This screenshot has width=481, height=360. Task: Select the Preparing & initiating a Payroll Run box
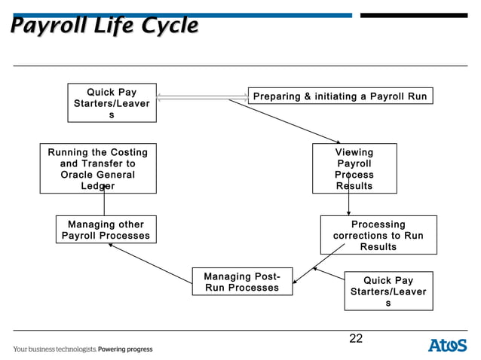click(x=340, y=96)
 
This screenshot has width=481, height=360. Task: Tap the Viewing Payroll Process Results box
click(x=354, y=169)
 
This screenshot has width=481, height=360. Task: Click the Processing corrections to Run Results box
click(x=378, y=236)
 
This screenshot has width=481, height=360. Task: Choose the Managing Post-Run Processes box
click(x=241, y=282)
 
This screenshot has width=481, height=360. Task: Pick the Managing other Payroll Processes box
click(x=106, y=230)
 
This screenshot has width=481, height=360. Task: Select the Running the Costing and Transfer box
click(x=98, y=169)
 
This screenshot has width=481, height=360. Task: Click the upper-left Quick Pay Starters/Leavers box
click(x=112, y=104)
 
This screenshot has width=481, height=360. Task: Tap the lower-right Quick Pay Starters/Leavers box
click(x=388, y=291)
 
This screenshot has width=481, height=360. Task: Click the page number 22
click(x=356, y=339)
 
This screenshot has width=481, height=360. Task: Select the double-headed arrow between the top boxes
click(x=202, y=97)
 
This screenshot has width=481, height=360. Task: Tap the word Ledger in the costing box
click(x=98, y=186)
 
